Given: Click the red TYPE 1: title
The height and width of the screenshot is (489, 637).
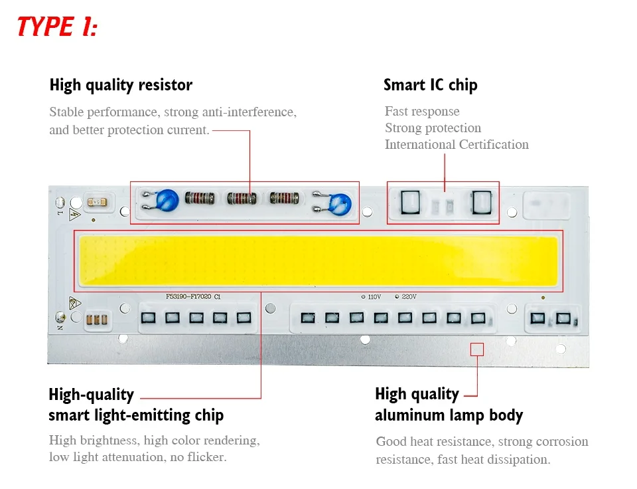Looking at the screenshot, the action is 57,27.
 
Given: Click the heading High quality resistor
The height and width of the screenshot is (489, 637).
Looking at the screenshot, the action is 121,85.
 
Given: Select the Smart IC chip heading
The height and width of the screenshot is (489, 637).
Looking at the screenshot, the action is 430,85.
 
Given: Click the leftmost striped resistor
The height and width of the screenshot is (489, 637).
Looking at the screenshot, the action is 200,198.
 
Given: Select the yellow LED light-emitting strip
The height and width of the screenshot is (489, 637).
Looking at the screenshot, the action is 318,260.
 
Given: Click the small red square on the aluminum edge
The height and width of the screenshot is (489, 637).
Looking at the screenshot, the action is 476,349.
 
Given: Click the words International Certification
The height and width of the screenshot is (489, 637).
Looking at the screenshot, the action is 457,144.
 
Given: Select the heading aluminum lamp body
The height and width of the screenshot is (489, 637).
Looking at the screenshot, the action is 449,416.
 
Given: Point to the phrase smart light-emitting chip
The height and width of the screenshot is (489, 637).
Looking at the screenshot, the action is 136,416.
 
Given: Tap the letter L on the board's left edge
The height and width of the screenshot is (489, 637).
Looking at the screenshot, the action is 59,214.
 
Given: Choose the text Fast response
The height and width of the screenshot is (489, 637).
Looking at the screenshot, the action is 422,111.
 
